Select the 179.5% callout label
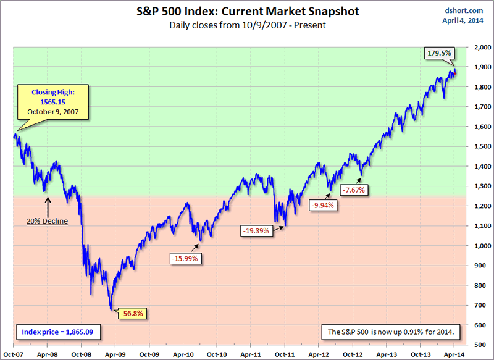pyautogui.click(x=438, y=54)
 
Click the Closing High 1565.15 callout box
pyautogui.click(x=53, y=102)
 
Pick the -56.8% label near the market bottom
pyautogui.click(x=133, y=314)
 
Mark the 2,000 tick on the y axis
pyautogui.click(x=478, y=47)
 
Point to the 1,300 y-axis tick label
pyautogui.click(x=478, y=186)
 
